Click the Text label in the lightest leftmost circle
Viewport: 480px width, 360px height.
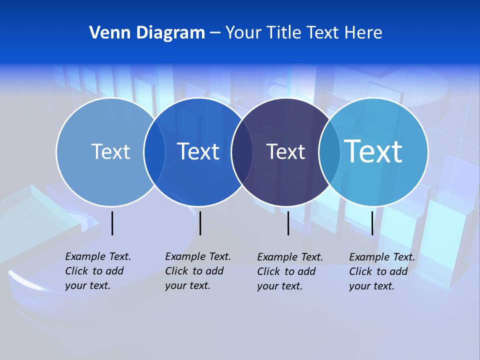click(x=110, y=151)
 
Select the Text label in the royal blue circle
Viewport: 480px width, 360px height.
click(x=198, y=151)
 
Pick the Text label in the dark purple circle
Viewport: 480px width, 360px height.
click(x=285, y=151)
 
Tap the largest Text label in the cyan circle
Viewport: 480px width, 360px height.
click(x=373, y=151)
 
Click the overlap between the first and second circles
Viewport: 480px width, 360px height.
click(x=154, y=152)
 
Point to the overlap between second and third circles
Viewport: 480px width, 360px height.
click(x=242, y=152)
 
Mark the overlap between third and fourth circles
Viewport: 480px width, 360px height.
click(x=329, y=152)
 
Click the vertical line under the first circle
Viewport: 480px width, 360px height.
click(x=112, y=223)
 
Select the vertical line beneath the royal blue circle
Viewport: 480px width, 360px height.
click(x=200, y=223)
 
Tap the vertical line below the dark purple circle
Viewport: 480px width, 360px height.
click(x=288, y=223)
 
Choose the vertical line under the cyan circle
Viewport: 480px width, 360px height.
click(x=372, y=223)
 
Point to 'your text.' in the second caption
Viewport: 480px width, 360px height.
click(x=187, y=285)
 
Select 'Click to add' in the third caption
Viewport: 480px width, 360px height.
click(x=286, y=271)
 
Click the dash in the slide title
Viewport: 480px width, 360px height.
click(x=215, y=33)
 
